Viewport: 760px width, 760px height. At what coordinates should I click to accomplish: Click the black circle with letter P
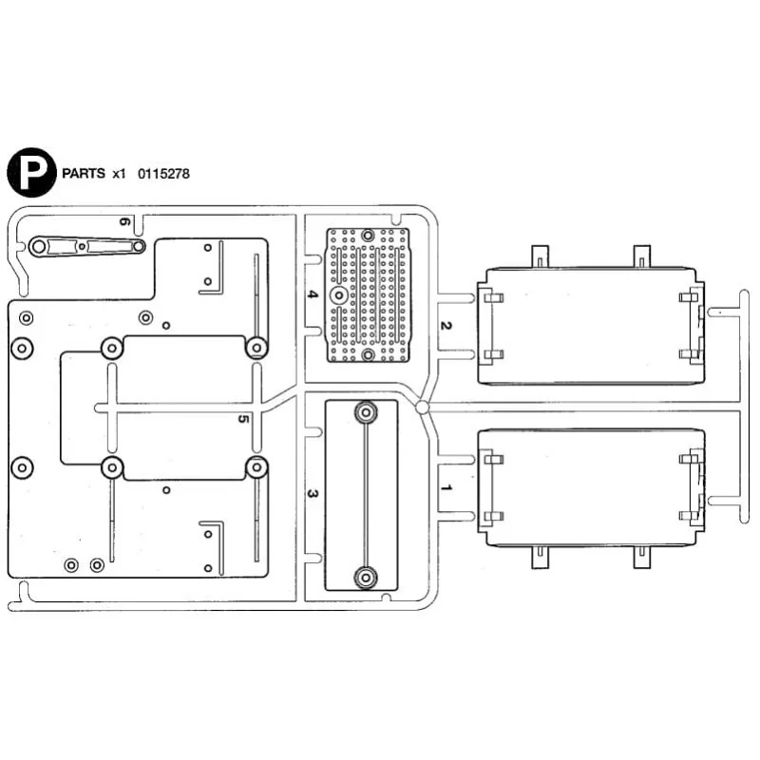(31, 173)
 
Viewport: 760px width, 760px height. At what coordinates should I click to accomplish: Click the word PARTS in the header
(84, 174)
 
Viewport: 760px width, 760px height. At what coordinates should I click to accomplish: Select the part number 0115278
(163, 174)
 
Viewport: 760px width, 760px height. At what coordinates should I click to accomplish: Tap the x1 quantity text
(119, 174)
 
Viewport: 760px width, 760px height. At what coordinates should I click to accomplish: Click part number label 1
(446, 487)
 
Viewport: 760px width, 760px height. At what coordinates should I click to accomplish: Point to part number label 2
(446, 325)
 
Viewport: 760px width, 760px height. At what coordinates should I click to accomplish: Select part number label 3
(313, 494)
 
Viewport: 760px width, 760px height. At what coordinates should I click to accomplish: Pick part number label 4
(313, 294)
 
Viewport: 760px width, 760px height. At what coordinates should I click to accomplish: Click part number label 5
(243, 418)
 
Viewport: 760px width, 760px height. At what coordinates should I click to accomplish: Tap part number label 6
(124, 221)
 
